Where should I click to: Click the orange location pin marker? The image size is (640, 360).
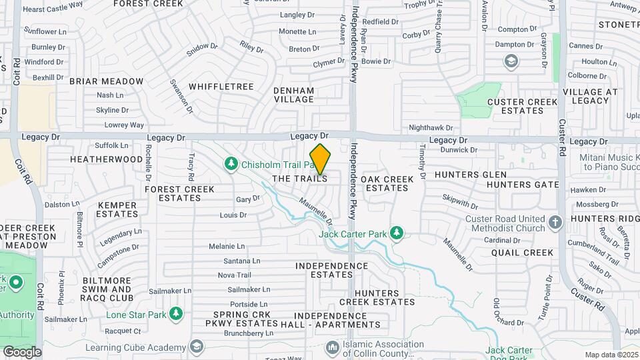click(x=320, y=159)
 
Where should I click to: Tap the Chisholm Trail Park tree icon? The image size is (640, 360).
click(x=231, y=163)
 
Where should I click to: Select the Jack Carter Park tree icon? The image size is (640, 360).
click(x=397, y=233)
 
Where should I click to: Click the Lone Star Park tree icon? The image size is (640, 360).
click(x=176, y=313)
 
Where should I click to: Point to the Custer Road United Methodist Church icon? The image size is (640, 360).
click(x=556, y=221)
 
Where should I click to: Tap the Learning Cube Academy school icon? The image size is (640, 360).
click(x=197, y=347)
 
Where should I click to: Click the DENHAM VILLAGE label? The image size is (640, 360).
click(x=294, y=95)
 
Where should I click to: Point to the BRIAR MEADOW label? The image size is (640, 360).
click(x=106, y=81)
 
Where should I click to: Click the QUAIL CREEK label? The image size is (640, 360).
click(x=523, y=253)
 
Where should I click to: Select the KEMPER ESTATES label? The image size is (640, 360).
click(x=117, y=209)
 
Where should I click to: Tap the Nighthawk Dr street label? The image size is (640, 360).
click(x=431, y=127)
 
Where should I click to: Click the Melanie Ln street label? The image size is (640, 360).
click(x=227, y=247)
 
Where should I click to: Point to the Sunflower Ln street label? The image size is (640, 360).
click(x=45, y=31)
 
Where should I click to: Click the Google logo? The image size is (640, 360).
click(x=22, y=351)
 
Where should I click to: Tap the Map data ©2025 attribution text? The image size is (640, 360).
click(x=611, y=355)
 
